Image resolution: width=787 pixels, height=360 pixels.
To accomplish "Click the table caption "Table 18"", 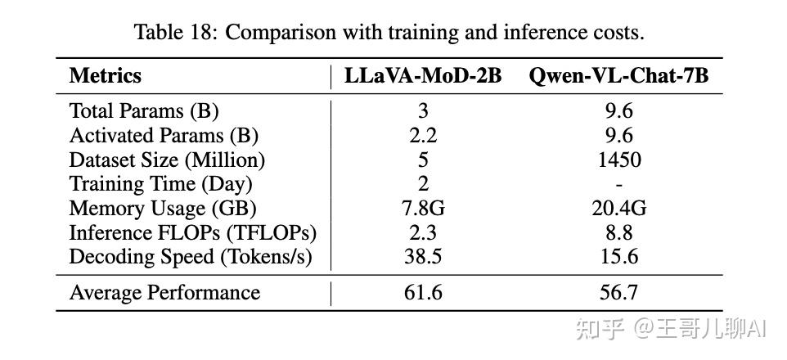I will (x=389, y=33).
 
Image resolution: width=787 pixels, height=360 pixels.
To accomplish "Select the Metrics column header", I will (x=106, y=76).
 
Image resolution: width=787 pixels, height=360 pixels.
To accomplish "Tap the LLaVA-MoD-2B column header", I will (x=423, y=76).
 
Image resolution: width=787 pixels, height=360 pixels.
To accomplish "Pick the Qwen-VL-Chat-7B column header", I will (x=618, y=76).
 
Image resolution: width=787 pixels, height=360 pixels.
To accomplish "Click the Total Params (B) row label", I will (x=144, y=110).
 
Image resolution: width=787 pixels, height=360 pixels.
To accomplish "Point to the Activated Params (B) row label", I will (x=164, y=135).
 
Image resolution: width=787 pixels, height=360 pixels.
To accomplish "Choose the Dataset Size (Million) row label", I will (x=167, y=160).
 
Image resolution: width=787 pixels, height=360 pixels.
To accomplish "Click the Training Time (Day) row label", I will (x=160, y=184).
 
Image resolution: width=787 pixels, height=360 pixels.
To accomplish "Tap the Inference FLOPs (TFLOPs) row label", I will (x=192, y=232).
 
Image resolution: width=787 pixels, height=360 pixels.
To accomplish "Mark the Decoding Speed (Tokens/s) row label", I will (x=191, y=256).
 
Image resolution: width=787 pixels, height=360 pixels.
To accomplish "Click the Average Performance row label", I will (x=164, y=293).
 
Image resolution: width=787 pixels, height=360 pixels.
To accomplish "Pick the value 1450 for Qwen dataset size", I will (x=618, y=160).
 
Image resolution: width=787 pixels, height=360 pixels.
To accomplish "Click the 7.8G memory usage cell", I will (x=423, y=208).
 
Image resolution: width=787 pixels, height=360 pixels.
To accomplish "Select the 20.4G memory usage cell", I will (x=618, y=208).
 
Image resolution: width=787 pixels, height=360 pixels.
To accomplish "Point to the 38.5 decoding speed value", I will (x=423, y=256).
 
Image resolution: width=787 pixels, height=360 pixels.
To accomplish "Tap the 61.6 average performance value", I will (x=423, y=293).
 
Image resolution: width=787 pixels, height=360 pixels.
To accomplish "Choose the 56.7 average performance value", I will (x=618, y=293).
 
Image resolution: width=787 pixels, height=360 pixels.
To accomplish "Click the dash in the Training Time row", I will (x=618, y=184).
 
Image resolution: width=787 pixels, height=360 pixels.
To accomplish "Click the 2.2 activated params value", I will (x=423, y=135).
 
